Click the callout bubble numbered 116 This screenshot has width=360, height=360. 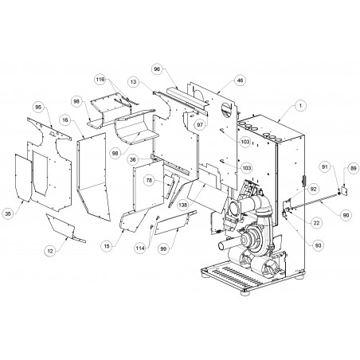point(100,80)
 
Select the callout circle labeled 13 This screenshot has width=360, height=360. point(134,82)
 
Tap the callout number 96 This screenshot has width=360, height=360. point(157,69)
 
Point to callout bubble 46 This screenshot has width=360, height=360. point(240,80)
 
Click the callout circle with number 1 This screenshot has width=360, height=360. point(300,105)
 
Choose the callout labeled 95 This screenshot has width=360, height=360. point(38,107)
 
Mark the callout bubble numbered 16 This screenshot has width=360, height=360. point(65,120)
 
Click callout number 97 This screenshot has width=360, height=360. point(200,125)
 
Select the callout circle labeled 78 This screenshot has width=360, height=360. point(149,181)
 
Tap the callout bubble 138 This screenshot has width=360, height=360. point(182,205)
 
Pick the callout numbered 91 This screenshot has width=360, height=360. point(325,167)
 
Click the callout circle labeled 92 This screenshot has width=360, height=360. point(313,189)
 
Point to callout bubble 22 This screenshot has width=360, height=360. point(316,223)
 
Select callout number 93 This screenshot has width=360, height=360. point(318,245)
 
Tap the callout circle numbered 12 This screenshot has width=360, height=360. point(50,251)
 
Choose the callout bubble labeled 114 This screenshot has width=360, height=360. point(140,248)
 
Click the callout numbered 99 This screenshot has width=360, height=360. point(163,248)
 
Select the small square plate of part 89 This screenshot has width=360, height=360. point(344,190)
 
